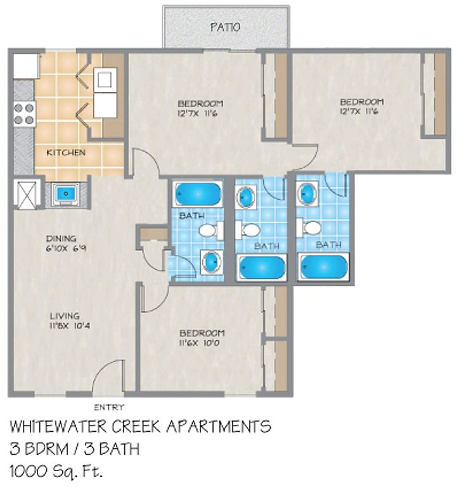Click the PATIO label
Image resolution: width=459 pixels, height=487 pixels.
pyautogui.click(x=225, y=27)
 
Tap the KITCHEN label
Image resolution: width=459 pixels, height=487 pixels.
pyautogui.click(x=66, y=152)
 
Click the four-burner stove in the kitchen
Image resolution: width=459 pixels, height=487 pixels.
pyautogui.click(x=24, y=114)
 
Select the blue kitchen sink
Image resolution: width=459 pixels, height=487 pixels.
pyautogui.click(x=65, y=194)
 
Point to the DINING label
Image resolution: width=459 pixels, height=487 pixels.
pyautogui.click(x=61, y=238)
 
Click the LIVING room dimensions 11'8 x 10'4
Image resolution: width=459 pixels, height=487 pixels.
pyautogui.click(x=70, y=326)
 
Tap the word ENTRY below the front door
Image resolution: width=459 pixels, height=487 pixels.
pyautogui.click(x=109, y=407)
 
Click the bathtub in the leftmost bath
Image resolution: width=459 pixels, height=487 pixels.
pyautogui.click(x=198, y=194)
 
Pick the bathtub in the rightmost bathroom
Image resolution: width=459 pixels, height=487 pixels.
pyautogui.click(x=323, y=267)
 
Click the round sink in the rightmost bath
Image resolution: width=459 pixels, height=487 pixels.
pyautogui.click(x=307, y=193)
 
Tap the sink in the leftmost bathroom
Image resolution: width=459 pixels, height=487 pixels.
pyautogui.click(x=212, y=262)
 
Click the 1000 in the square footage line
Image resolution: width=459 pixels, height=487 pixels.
pyautogui.click(x=29, y=472)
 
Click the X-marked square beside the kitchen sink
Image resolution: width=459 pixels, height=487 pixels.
pyautogui.click(x=27, y=195)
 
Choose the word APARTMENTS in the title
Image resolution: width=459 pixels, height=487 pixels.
pyautogui.click(x=219, y=427)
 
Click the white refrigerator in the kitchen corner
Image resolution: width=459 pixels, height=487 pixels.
pyautogui.click(x=26, y=66)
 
